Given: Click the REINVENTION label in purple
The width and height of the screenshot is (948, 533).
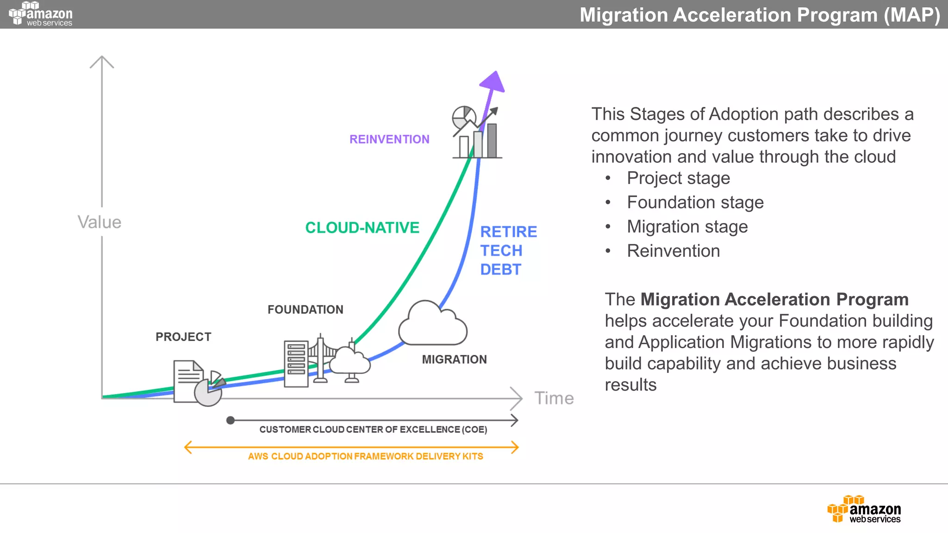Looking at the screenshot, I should tap(389, 139).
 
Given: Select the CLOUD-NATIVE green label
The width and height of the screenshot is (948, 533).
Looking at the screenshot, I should tap(362, 228).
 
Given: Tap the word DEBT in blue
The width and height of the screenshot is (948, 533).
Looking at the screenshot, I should tap(500, 270).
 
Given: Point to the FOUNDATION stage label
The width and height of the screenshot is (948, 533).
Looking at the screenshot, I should tap(306, 310).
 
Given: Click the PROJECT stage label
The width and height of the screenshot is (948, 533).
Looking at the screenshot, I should tap(183, 337).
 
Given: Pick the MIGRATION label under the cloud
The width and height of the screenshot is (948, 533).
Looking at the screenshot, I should tap(454, 359).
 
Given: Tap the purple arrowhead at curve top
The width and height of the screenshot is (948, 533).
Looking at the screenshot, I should tap(493, 82).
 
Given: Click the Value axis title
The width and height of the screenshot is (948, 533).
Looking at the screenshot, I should tap(99, 223).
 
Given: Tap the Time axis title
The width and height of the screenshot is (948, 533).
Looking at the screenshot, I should tap(554, 398).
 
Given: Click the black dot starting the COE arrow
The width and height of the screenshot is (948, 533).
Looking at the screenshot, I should tap(231, 420).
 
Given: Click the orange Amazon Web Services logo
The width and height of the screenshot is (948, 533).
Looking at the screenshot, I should tap(864, 509).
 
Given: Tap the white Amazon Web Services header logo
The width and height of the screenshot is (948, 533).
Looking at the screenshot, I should tap(41, 14).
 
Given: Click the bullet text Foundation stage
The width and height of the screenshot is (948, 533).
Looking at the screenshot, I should tap(695, 203).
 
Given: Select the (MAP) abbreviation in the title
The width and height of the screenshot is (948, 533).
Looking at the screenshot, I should tap(911, 15).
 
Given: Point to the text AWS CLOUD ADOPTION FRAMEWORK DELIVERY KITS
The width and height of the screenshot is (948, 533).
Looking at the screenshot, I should tap(365, 456).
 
